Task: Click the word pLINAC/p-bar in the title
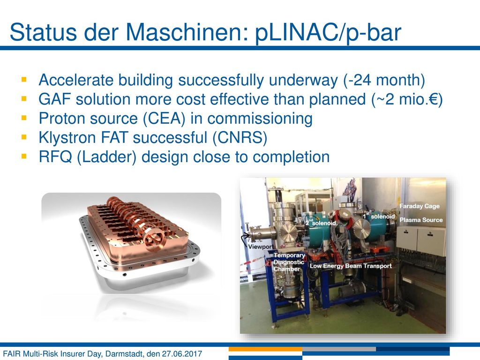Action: pos(328,32)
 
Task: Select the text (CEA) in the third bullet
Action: pos(164,119)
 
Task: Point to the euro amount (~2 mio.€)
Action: pos(407,99)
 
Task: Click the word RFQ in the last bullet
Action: pos(55,157)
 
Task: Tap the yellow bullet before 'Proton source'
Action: pos(24,118)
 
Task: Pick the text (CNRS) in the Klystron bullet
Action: pos(240,138)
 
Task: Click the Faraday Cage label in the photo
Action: pos(420,206)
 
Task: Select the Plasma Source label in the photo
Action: pos(421,220)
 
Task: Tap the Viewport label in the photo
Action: pos(261,247)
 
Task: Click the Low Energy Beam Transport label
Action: pos(351,266)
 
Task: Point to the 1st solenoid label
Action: pos(379,216)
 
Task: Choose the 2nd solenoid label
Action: pos(321,223)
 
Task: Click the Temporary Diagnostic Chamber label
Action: pos(289,262)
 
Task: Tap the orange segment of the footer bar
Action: pos(265,349)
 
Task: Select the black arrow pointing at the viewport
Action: pos(245,238)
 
